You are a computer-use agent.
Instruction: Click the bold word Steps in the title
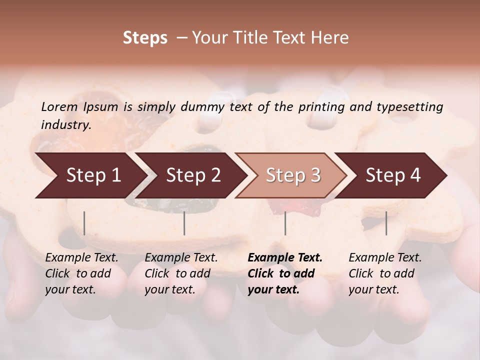(145, 38)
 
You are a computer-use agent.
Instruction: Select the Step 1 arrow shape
(90, 175)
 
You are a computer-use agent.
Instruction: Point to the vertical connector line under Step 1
(84, 223)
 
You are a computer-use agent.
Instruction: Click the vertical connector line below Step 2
(184, 223)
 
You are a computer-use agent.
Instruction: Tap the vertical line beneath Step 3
(285, 223)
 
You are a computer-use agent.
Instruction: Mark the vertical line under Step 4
(386, 223)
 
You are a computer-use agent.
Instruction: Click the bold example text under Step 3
(285, 273)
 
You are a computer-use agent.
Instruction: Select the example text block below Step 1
(81, 273)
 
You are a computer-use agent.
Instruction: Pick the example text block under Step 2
(181, 273)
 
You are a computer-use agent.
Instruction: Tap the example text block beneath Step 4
(385, 273)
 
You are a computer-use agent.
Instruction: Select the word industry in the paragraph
(65, 124)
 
